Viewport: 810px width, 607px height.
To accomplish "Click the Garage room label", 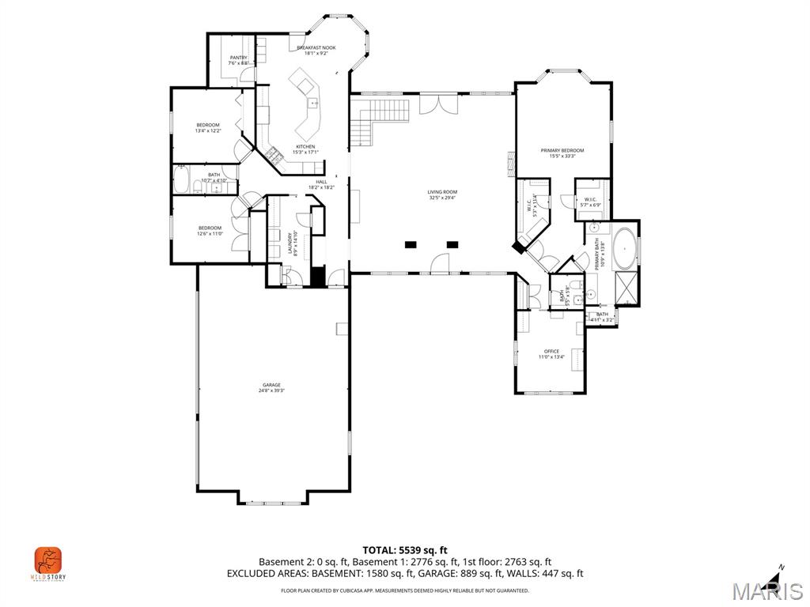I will (271, 384).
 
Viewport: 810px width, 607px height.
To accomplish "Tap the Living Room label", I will (442, 192).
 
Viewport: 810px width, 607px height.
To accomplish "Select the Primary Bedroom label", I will (562, 150).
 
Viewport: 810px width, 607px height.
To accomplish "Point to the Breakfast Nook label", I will (316, 48).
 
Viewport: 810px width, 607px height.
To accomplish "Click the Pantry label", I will (238, 58).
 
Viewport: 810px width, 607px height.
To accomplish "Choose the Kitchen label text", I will (305, 147).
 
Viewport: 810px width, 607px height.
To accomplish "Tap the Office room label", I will (551, 351).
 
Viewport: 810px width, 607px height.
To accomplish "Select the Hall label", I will (321, 182).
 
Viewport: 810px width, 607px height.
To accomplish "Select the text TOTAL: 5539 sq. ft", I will (405, 550).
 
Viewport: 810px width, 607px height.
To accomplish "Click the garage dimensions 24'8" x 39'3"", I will (271, 390).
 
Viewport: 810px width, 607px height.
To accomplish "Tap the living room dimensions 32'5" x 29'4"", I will (442, 198).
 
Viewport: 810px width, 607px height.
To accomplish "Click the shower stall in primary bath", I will (626, 289).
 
